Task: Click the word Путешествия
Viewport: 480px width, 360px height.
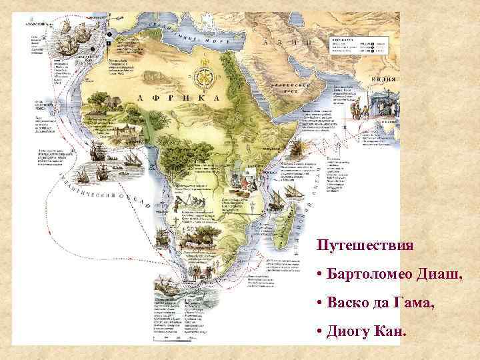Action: [365, 245]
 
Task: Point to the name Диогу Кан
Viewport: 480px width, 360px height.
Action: [366, 331]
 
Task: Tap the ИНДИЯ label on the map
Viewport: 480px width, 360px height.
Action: [383, 79]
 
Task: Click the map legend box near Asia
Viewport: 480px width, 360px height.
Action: [360, 46]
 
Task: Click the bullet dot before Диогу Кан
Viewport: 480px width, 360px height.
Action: [321, 331]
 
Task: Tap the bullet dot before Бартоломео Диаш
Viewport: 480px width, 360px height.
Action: [321, 275]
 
